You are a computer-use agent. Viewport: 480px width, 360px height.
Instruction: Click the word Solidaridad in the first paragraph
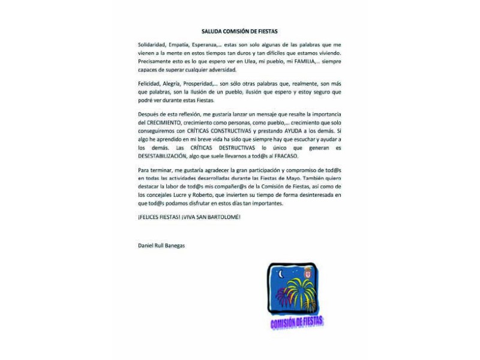tap(151, 46)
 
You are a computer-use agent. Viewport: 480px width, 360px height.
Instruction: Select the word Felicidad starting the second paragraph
tap(149, 86)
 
